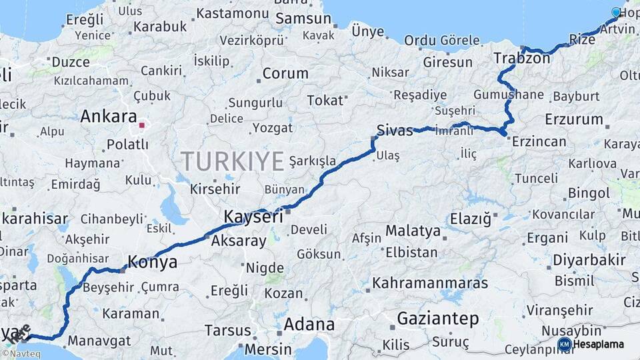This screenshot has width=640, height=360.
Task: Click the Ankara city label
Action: click(x=109, y=117)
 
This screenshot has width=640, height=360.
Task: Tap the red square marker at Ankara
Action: click(x=141, y=124)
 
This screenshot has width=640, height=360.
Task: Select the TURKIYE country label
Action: click(x=233, y=161)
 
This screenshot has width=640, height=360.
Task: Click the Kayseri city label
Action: click(x=253, y=217)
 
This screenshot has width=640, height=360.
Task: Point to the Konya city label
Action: click(x=152, y=262)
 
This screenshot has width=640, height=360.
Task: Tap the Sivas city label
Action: click(x=395, y=130)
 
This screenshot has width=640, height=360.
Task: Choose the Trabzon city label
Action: click(x=522, y=58)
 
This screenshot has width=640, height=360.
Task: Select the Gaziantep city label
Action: click(x=438, y=319)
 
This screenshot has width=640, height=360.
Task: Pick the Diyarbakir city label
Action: click(x=589, y=260)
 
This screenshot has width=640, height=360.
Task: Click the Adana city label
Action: click(x=309, y=325)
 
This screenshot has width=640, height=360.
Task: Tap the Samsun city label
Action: click(x=303, y=19)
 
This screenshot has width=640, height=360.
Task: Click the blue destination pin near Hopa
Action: click(x=616, y=12)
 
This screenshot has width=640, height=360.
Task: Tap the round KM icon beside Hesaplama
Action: click(x=564, y=344)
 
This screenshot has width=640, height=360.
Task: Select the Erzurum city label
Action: click(x=573, y=119)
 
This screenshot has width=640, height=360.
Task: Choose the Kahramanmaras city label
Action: click(x=431, y=283)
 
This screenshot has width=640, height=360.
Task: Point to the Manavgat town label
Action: click(x=99, y=340)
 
